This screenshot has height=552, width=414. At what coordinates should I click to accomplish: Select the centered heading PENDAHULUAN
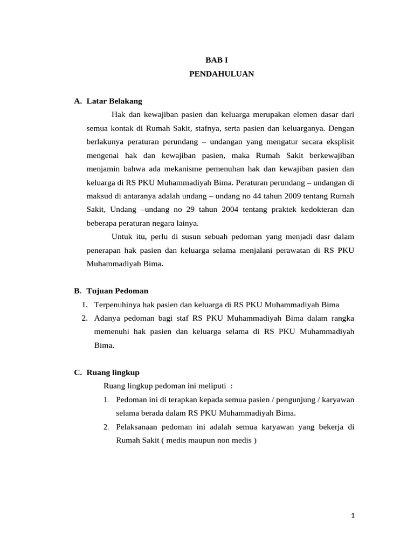coord(222,74)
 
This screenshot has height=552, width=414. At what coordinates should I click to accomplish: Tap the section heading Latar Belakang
coord(114,101)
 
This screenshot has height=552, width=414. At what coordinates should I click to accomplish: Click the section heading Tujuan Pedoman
coord(117,291)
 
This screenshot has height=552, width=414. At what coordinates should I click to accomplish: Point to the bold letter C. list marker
coord(78,372)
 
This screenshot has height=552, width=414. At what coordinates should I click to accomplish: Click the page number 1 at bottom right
coord(353,515)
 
